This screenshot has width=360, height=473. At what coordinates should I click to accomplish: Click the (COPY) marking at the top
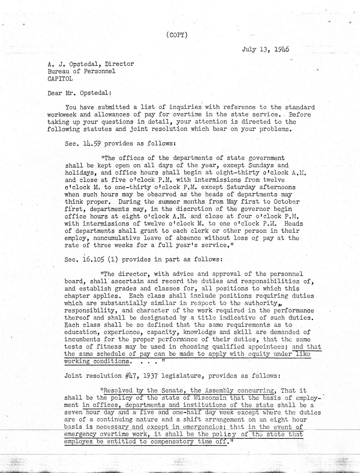tap(177, 35)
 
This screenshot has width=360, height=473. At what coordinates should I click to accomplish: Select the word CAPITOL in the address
tap(60, 78)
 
